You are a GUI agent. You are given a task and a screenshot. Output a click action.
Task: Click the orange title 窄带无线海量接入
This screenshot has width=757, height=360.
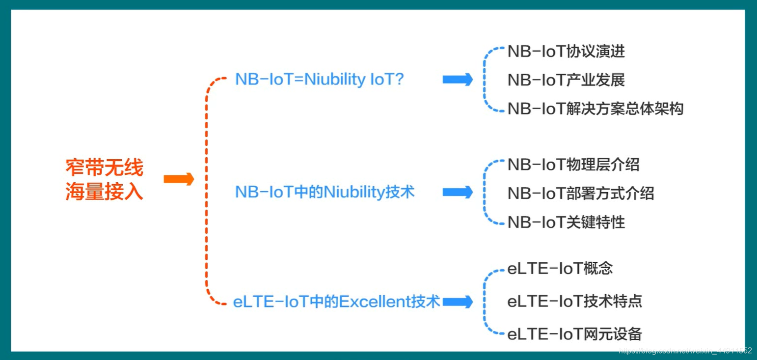coord(105,179)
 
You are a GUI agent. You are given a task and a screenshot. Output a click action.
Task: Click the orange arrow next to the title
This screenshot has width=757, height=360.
coord(179,179)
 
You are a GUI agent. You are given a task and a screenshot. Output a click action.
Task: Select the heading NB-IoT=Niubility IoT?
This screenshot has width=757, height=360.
coord(319,79)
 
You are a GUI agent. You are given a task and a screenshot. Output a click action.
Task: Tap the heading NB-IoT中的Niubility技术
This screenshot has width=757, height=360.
coord(325,192)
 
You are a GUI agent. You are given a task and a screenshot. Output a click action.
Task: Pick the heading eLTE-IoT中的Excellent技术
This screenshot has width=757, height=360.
coord(336,301)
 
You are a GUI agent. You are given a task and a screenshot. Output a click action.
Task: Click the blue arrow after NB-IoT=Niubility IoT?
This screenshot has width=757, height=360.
coord(458,80)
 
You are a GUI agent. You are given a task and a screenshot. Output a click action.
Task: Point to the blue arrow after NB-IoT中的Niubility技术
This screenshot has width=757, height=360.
coord(458,192)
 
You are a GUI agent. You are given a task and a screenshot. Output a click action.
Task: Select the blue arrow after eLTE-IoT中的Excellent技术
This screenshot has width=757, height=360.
coord(458,302)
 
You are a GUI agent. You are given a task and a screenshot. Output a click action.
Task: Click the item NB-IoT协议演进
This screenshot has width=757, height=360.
coord(566,51)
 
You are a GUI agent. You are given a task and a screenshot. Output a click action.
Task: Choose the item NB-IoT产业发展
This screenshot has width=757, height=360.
coord(566,80)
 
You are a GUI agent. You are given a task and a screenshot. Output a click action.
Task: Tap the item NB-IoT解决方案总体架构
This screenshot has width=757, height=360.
coord(595,108)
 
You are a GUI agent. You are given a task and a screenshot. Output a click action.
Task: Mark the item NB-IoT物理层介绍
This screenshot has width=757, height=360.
coord(573,164)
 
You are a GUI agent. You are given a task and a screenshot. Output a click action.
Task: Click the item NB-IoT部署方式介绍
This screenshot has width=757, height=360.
coord(581,193)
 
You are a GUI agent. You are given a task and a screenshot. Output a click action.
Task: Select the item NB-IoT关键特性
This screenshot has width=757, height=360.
coord(566,222)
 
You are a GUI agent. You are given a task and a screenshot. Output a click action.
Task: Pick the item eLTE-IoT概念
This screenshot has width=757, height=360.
coord(560,268)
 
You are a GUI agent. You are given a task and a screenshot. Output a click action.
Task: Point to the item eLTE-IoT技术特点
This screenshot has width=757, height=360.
coord(574,301)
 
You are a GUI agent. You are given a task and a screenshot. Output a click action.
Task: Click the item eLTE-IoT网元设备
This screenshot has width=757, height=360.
coord(574,334)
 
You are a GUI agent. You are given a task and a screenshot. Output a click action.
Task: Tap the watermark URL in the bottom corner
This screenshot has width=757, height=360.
coord(685,351)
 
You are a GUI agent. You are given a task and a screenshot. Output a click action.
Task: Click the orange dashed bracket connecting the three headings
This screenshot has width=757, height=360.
coord(207,192)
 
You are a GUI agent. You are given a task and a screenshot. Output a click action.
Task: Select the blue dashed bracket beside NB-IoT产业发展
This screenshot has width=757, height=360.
coord(485,80)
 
